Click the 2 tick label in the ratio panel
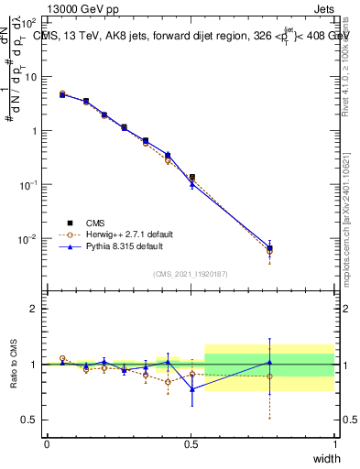[x=34, y=309]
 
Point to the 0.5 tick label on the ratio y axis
[x=29, y=420]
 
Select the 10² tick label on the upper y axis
[x=29, y=22]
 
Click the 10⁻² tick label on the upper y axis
[x=29, y=239]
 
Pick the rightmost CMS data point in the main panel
[x=269, y=248]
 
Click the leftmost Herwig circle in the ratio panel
[x=62, y=358]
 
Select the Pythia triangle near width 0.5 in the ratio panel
[x=191, y=389]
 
